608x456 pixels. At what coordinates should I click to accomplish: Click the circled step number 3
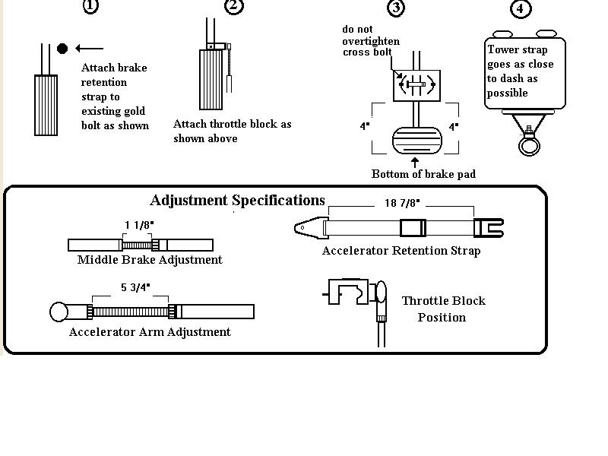(395, 8)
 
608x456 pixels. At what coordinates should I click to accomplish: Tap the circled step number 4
(520, 9)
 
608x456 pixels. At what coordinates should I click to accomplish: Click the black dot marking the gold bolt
(62, 49)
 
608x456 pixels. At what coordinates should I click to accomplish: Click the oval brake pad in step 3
(415, 142)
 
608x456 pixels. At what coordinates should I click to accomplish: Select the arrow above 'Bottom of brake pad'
(415, 161)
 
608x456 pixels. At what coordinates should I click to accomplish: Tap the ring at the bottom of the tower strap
(526, 144)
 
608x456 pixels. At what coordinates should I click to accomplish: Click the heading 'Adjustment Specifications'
(237, 201)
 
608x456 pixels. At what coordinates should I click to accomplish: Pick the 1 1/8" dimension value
(138, 225)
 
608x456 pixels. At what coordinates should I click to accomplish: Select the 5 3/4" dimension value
(135, 287)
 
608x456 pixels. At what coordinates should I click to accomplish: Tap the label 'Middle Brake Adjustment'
(150, 260)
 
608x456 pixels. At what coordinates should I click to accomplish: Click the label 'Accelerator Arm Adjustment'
(150, 332)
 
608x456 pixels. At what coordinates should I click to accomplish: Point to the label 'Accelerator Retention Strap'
(401, 251)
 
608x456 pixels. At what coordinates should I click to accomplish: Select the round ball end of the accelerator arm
(59, 312)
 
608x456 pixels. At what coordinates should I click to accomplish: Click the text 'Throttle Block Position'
(443, 309)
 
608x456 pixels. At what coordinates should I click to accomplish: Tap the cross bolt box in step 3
(415, 85)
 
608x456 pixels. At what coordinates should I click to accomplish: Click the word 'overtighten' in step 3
(371, 41)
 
